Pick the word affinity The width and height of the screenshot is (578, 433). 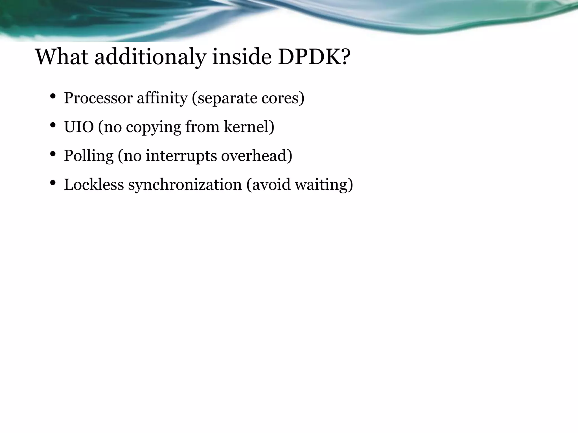coord(162,98)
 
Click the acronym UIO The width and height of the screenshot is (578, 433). coord(79,127)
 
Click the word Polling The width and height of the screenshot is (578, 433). coord(89,156)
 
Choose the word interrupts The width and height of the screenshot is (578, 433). coord(181,156)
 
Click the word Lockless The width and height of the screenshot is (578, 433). coord(94,185)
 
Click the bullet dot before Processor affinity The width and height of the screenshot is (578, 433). coord(52,97)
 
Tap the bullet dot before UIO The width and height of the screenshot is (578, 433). coord(52,125)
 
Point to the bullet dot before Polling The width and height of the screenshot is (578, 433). coord(52,154)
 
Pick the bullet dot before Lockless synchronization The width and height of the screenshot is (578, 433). coord(52,183)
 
